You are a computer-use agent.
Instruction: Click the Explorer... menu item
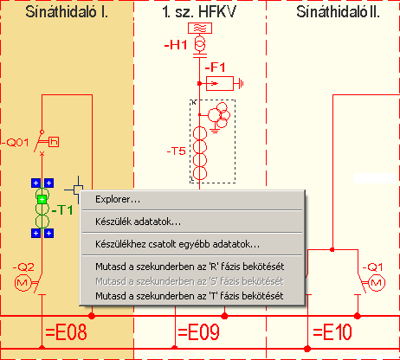[x=118, y=199]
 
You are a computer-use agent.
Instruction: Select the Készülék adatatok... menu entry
[x=138, y=222]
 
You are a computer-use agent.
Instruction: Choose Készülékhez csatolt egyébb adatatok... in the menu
[x=177, y=244]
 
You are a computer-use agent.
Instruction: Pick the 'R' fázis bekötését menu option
[x=190, y=267]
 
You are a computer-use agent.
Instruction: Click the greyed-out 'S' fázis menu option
[x=190, y=281]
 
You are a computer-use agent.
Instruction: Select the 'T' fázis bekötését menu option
[x=190, y=296]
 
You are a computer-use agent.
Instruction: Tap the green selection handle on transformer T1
[x=42, y=199]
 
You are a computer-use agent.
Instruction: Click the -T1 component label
[x=62, y=209]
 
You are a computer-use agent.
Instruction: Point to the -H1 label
[x=176, y=45]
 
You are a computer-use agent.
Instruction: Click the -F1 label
[x=215, y=67]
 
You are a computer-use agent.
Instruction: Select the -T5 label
[x=176, y=151]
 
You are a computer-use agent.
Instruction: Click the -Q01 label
[x=16, y=142]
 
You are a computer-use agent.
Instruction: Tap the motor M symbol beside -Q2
[x=23, y=282]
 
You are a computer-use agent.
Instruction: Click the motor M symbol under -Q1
[x=377, y=283]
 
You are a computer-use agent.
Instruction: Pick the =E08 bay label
[x=66, y=332]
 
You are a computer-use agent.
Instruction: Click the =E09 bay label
[x=198, y=332]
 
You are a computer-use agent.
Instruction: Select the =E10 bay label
[x=332, y=332]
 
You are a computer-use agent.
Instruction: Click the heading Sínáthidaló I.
[x=67, y=12]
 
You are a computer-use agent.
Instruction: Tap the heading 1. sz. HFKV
[x=199, y=12]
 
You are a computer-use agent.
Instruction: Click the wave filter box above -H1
[x=200, y=28]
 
